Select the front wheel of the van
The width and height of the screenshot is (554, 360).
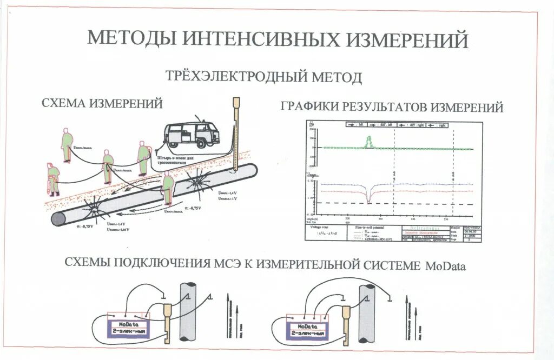(201, 143)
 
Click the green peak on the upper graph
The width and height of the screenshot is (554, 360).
(369, 142)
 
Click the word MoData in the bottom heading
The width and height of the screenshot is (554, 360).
(445, 266)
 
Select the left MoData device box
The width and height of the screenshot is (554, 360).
(130, 327)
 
